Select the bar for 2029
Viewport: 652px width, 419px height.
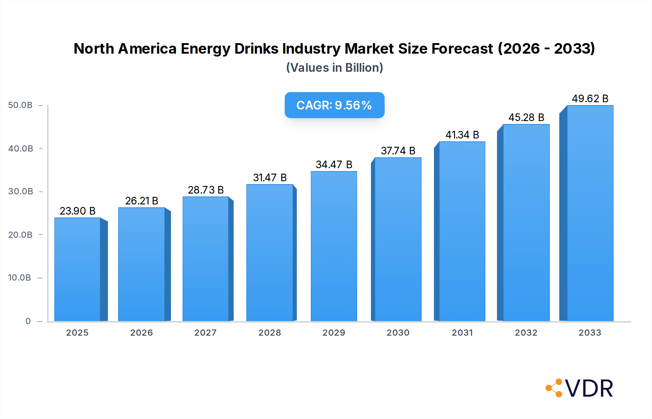pos(334,246)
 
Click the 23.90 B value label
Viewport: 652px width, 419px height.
pos(78,211)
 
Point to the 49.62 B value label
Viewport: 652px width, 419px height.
pos(590,99)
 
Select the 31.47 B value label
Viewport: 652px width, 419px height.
pos(270,178)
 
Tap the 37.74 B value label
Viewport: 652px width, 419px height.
pos(398,151)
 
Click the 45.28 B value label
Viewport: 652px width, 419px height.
pos(526,117)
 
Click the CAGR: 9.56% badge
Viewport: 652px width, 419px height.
pos(334,105)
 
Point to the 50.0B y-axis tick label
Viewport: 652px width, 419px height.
pos(20,105)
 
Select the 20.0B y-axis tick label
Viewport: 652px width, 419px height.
pos(20,235)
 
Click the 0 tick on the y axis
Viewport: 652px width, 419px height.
pos(28,321)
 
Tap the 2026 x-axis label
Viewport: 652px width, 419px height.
pos(141,333)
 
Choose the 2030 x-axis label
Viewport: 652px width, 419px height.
pos(398,333)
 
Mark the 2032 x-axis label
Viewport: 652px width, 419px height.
pos(526,333)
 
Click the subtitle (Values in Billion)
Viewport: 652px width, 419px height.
pos(334,68)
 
